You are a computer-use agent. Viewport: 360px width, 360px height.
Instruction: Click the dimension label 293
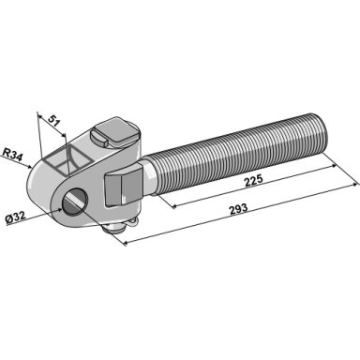point(238,209)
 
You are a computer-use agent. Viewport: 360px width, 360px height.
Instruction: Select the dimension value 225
point(254,181)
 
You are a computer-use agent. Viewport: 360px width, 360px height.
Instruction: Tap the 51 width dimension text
point(53,121)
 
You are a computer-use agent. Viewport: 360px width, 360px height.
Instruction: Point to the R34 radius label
point(12,155)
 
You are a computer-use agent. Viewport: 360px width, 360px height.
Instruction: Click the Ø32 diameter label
point(16,217)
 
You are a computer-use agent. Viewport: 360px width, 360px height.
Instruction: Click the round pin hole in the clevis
point(75,203)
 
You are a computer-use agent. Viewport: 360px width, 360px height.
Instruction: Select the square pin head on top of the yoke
point(116,132)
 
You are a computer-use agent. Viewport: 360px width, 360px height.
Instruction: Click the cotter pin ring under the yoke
point(131,222)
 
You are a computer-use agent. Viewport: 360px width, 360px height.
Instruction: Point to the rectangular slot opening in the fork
point(67,159)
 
